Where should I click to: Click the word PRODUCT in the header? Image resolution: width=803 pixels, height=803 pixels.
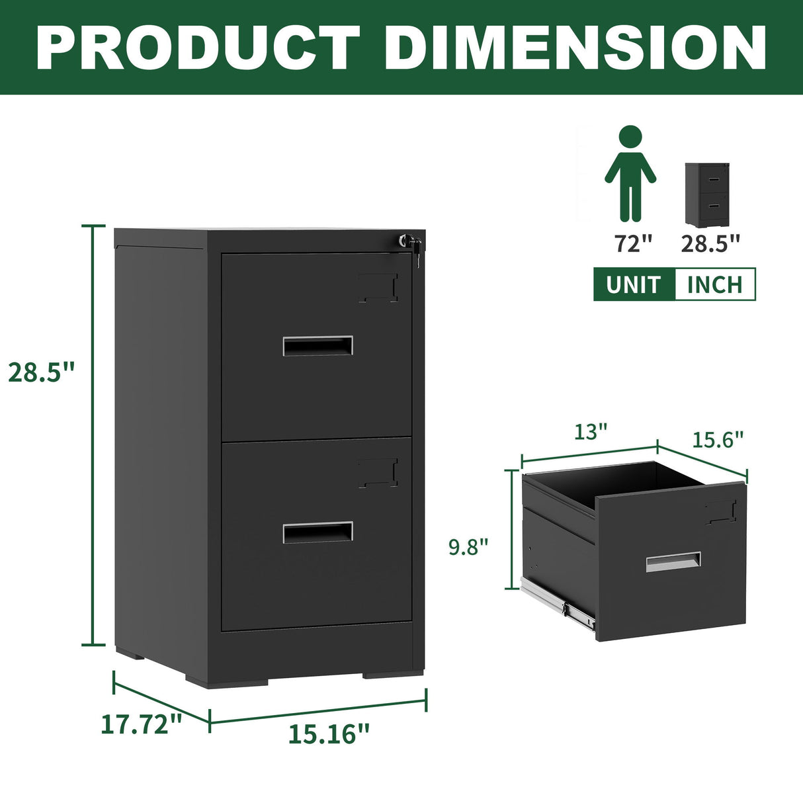coord(198,47)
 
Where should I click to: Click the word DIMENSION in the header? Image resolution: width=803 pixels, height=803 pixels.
coord(575,47)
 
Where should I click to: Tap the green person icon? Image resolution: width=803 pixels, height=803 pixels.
coord(630,173)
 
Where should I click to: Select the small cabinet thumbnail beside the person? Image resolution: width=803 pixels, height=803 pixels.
coord(707,194)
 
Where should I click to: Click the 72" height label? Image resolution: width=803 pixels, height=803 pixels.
coord(634,243)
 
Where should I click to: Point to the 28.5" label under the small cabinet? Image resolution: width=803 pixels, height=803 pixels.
coord(710,243)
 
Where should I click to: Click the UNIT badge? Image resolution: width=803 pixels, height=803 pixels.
coord(634,284)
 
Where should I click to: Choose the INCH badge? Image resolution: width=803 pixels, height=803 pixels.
coord(714,284)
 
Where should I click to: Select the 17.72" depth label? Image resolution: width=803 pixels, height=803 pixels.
coord(142,724)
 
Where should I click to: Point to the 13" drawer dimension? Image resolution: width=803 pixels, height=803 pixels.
coord(590,432)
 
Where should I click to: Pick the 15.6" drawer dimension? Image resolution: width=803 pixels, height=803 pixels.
coord(718,439)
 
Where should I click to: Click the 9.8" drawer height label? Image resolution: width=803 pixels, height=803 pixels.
coord(468,547)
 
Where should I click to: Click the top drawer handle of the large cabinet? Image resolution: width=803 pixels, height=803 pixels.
coord(317,346)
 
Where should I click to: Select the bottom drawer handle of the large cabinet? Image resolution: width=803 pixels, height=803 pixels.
coord(317,532)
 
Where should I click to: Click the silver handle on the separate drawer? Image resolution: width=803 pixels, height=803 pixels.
coord(673,562)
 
